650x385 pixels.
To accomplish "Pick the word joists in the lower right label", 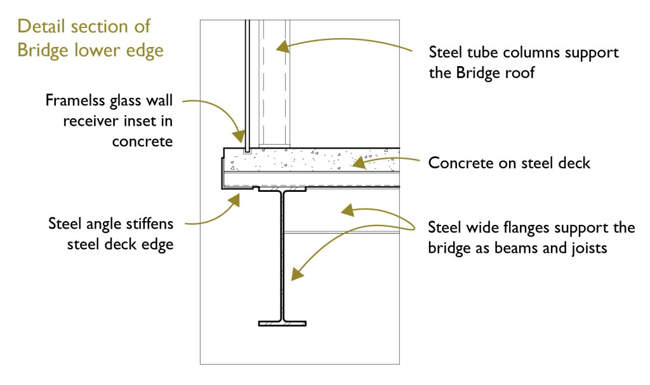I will click(x=588, y=248).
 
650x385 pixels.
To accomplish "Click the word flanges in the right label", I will click(x=525, y=227).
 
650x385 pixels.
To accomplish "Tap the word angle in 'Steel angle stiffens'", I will click(x=103, y=224).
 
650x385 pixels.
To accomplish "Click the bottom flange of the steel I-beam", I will click(x=282, y=323).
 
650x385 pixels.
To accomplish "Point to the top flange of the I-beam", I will click(x=282, y=189).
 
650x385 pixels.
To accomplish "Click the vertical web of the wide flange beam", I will click(x=282, y=254).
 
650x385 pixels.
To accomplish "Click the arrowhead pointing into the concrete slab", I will click(x=357, y=164).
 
